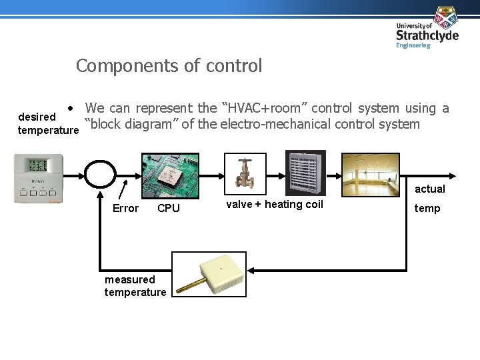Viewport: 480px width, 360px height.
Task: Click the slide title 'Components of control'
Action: pos(169,66)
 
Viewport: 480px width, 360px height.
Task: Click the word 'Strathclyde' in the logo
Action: pos(427,35)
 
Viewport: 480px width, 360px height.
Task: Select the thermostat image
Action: pos(39,178)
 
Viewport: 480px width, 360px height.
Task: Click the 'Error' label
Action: pos(125,209)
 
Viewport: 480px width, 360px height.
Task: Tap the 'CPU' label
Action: pos(169,209)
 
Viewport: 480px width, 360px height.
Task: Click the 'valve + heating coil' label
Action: pos(275,205)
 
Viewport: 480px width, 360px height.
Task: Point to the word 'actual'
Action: pos(429,189)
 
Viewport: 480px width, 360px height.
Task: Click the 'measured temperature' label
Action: pos(135,286)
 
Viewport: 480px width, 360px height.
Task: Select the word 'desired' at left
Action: pos(37,117)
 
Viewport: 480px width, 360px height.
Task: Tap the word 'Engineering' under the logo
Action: pos(413,45)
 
